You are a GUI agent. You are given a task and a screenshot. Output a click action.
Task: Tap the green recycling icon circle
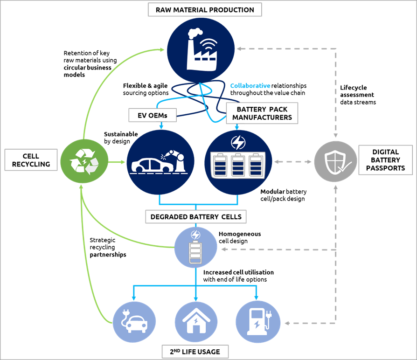click(x=84, y=162)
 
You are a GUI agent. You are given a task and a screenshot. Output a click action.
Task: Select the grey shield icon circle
click(x=335, y=162)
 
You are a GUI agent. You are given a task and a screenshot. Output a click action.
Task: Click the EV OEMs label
click(x=153, y=115)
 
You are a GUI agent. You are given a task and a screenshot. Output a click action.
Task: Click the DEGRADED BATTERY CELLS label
click(x=196, y=217)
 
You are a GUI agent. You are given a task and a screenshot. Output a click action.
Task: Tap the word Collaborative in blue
click(x=250, y=86)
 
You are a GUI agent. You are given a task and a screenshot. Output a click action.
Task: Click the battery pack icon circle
click(x=238, y=162)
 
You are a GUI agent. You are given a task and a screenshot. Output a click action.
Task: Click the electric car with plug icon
click(x=134, y=322)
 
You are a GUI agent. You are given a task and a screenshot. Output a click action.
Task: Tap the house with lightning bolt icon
click(x=196, y=322)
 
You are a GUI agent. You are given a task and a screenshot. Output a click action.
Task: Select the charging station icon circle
click(x=257, y=322)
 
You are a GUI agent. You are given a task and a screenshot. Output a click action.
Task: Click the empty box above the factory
click(x=205, y=9)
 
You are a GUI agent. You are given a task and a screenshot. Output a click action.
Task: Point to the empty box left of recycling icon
click(x=31, y=159)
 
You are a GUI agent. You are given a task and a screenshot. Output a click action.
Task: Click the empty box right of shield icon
click(x=385, y=159)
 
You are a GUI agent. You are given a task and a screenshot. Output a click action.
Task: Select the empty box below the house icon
click(x=195, y=351)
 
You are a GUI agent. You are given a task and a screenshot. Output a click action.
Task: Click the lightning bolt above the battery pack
click(x=238, y=142)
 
